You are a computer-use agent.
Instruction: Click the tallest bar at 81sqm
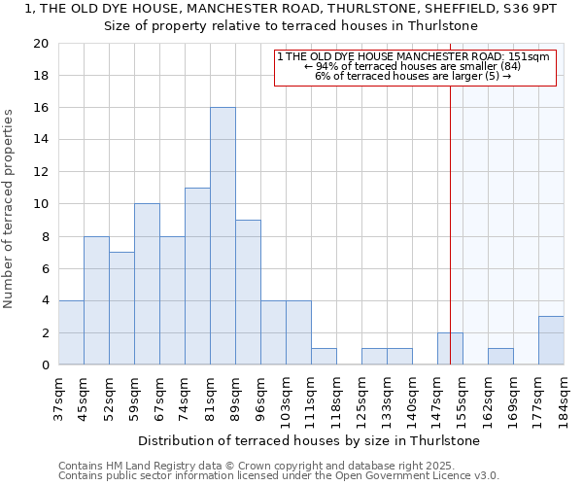click(223, 236)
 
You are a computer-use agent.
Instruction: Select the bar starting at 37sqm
click(71, 332)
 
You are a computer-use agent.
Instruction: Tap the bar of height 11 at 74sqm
click(197, 276)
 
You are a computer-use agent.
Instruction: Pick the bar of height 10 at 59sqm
click(147, 284)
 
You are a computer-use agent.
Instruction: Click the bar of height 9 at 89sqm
click(248, 292)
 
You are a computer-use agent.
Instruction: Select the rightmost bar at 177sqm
click(551, 340)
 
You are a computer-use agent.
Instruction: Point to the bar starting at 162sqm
click(500, 356)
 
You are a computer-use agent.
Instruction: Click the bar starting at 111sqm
click(324, 356)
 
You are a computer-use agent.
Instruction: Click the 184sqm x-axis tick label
click(564, 399)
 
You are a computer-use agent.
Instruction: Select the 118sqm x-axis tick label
click(336, 399)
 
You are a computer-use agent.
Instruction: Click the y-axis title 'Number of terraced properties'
click(10, 209)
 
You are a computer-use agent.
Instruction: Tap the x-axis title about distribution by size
click(308, 440)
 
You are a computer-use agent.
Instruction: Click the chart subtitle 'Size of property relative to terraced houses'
click(291, 26)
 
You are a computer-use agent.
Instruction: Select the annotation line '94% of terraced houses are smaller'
click(414, 66)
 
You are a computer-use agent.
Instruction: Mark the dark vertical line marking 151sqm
click(451, 214)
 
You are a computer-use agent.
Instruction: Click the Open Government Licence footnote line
click(279, 476)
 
